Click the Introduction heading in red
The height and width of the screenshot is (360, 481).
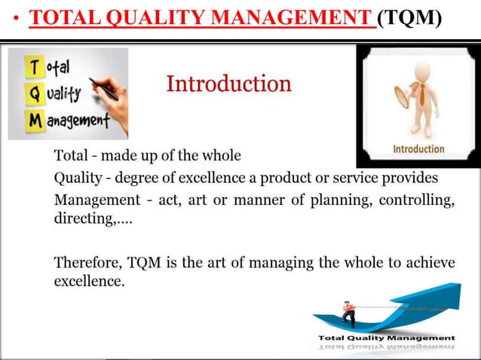(228, 84)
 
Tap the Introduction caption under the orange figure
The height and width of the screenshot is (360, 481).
(418, 149)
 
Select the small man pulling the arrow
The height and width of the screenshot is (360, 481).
(348, 311)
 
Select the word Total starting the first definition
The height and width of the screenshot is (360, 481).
(70, 156)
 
